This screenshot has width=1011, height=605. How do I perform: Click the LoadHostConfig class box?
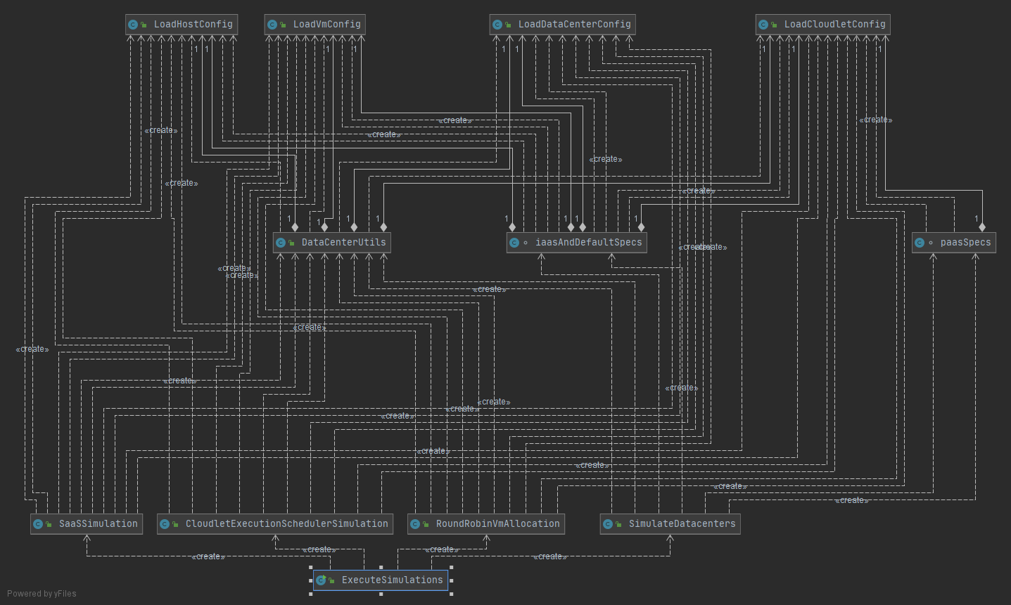point(182,25)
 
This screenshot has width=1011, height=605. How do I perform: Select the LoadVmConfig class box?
point(314,25)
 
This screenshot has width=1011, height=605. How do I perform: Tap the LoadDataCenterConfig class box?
point(562,25)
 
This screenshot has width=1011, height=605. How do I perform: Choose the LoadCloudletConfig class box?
point(823,25)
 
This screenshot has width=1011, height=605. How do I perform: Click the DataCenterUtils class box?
point(331,243)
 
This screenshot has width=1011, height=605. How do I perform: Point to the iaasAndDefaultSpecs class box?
point(576,243)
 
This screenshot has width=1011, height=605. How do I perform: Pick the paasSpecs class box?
point(953,243)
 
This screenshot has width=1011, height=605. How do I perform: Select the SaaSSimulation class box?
point(87,524)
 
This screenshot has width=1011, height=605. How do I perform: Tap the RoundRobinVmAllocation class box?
point(486,524)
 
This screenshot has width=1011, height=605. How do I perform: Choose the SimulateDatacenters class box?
point(670,524)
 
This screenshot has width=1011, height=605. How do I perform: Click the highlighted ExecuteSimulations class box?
point(381,580)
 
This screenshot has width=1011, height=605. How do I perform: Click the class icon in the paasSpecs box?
point(920,243)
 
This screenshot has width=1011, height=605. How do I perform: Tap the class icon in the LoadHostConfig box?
point(133,25)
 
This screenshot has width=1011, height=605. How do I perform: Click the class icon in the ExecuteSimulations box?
point(321,580)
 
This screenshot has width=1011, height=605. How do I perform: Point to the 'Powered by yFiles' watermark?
point(42,594)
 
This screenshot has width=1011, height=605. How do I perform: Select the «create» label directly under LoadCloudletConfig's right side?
point(876,120)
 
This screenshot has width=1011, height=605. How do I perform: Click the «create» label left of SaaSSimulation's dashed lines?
point(32,350)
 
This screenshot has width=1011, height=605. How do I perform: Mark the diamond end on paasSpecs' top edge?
point(982,227)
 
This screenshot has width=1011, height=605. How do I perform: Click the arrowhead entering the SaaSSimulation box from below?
point(87,538)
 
